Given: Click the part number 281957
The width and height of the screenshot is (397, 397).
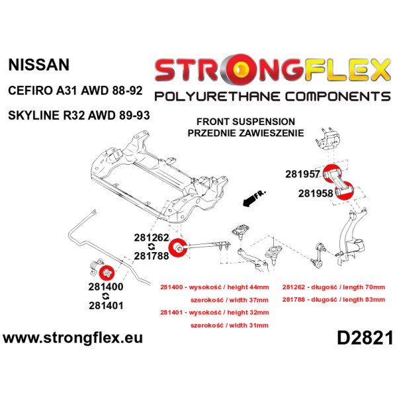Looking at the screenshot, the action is (x=302, y=174).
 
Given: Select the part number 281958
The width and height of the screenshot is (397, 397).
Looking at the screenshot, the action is (x=316, y=193).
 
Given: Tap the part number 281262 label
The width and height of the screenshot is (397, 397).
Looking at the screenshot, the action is (x=151, y=238).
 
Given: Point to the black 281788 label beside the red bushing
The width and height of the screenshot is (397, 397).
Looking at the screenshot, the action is (x=151, y=255).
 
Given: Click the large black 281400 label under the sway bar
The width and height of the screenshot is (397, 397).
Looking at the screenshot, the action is (x=106, y=287).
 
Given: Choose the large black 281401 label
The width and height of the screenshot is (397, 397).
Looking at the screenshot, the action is (x=106, y=306).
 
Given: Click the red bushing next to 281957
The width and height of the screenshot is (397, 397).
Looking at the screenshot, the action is (x=332, y=173).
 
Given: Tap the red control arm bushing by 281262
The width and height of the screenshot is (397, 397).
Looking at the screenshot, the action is (x=177, y=247).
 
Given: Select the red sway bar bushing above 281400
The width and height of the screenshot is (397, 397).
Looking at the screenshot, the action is (x=107, y=272).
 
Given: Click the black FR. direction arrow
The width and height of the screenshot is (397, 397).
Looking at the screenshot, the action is (x=253, y=198).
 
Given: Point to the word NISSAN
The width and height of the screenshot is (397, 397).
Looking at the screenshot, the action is (x=39, y=65).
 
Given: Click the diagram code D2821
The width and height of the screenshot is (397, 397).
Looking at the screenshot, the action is (x=365, y=337).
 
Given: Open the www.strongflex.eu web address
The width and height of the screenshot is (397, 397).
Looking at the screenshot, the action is (x=73, y=338).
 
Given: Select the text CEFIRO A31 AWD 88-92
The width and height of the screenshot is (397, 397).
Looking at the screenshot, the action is (x=75, y=91).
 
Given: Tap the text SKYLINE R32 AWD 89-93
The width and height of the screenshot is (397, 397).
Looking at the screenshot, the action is (x=79, y=115).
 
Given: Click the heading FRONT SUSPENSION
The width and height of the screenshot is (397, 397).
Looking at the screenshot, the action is (x=246, y=122).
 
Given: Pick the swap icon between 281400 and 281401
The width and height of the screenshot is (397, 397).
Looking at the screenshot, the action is (x=106, y=296).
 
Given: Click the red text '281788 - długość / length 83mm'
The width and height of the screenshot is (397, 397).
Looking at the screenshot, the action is (x=333, y=300).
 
